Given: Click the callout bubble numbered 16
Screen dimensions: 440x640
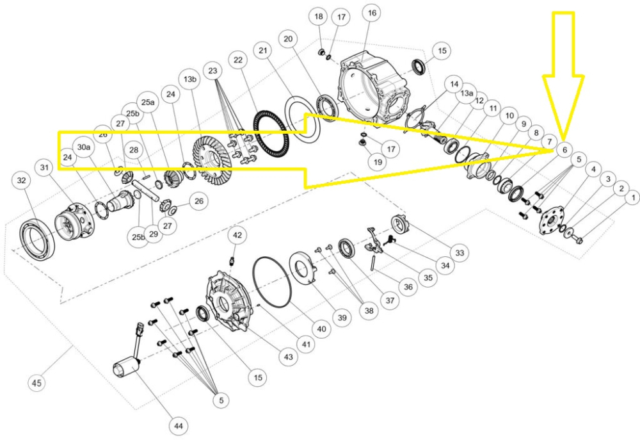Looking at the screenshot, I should click(371, 13).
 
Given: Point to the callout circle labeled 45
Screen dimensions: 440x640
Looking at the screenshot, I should click(37, 383).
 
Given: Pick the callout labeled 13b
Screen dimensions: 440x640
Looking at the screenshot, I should click(189, 79).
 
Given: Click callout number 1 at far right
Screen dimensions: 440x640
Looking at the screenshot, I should click(631, 199).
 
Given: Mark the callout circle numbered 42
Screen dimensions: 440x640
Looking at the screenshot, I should click(237, 235).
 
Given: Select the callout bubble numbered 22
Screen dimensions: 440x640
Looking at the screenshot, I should click(239, 60).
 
